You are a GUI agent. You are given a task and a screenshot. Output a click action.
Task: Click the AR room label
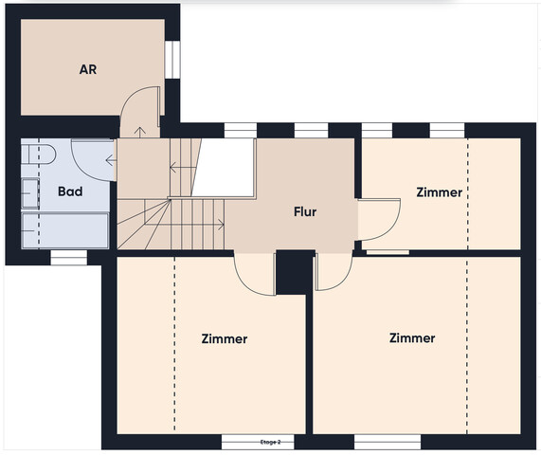click(88, 69)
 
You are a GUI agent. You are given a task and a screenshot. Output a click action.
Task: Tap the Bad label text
click(70, 191)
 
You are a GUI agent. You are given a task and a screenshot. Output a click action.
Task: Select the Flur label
click(305, 211)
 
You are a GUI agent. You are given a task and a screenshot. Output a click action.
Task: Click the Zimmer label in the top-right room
click(440, 192)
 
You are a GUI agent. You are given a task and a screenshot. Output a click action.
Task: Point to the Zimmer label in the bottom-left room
click(225, 338)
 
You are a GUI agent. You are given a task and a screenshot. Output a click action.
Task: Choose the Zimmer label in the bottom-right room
click(412, 338)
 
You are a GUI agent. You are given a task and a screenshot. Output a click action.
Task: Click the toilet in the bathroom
click(38, 155)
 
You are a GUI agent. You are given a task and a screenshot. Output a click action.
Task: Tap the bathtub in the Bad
click(64, 230)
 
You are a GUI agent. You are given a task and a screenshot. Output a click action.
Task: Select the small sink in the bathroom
click(30, 193)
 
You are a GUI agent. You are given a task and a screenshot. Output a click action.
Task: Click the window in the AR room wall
click(172, 60)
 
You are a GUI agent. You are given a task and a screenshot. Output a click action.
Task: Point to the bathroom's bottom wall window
click(68, 258)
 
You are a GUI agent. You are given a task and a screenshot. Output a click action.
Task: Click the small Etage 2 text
click(271, 443)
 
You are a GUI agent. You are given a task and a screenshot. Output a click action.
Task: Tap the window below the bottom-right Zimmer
click(388, 442)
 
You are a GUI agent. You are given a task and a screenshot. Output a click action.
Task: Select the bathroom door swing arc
click(83, 170)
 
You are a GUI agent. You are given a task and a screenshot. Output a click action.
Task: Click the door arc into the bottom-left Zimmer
click(245, 282)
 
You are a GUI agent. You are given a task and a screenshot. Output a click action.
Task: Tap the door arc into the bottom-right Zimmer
click(343, 280)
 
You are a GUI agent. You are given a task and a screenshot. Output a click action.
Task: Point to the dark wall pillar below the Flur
click(295, 273)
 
